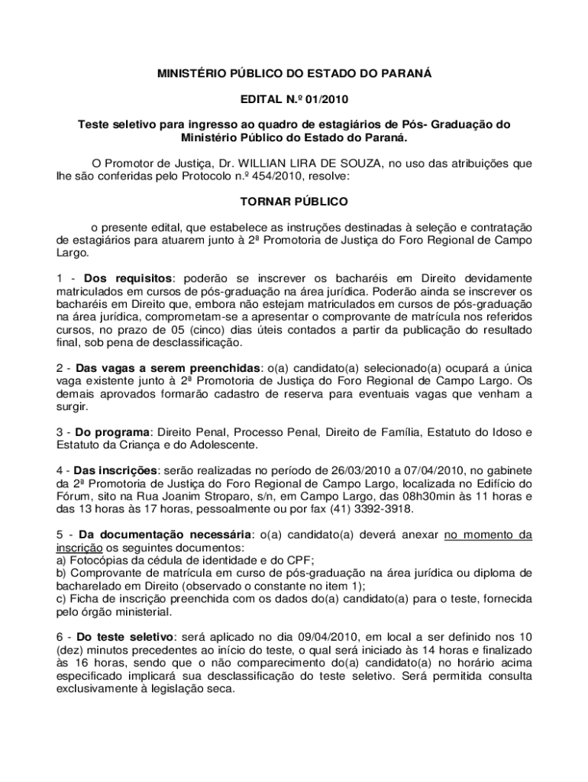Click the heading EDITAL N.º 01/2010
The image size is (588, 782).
click(x=294, y=99)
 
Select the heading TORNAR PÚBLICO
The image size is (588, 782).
click(x=294, y=202)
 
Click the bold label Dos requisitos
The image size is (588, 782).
click(x=128, y=278)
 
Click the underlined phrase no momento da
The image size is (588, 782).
click(x=488, y=535)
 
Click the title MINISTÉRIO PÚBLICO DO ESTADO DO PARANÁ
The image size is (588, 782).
click(x=294, y=73)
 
